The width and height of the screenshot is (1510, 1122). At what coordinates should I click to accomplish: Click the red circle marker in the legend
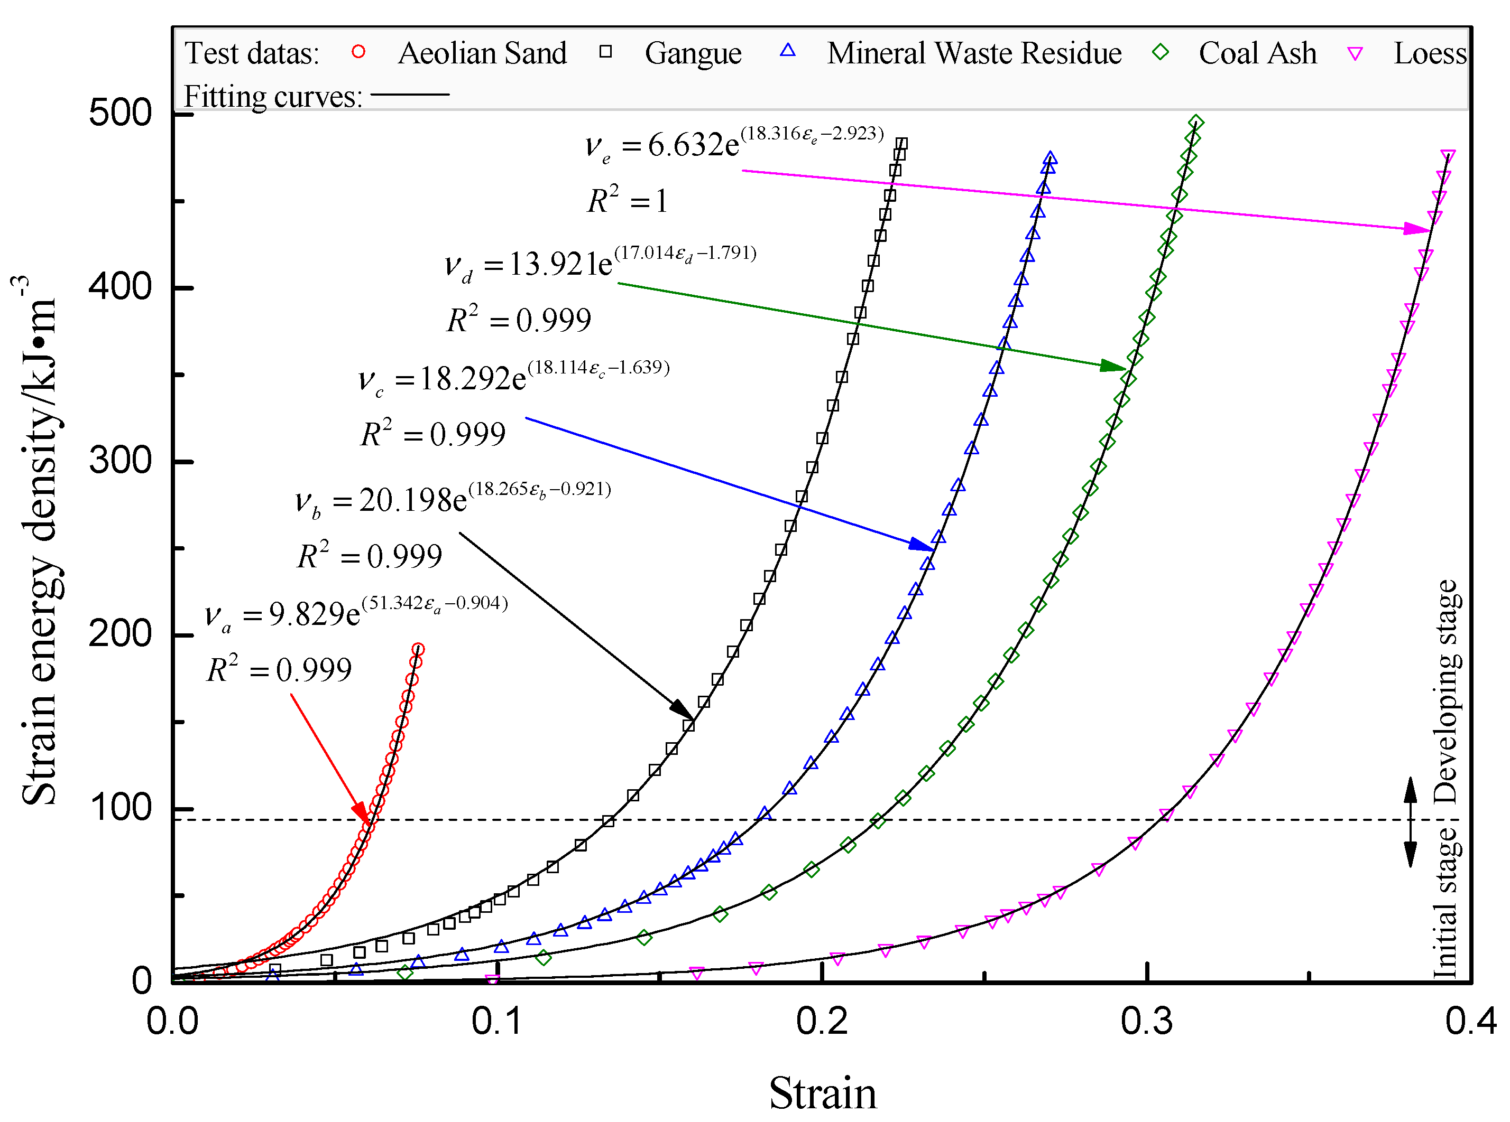pyautogui.click(x=358, y=52)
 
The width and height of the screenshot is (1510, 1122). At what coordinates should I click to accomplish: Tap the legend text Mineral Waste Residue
pyautogui.click(x=973, y=53)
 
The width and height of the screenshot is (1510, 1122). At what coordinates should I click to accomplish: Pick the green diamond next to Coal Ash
pyautogui.click(x=1160, y=52)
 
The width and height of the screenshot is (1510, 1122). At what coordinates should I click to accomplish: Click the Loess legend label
pyautogui.click(x=1429, y=53)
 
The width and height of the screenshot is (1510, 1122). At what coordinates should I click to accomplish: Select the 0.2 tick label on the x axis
pyautogui.click(x=822, y=1021)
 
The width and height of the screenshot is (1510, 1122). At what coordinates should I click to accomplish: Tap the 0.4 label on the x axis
pyautogui.click(x=1470, y=1021)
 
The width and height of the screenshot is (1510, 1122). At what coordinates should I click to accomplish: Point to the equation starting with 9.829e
pyautogui.click(x=357, y=613)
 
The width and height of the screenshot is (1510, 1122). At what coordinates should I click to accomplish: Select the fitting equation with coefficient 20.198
pyautogui.click(x=453, y=499)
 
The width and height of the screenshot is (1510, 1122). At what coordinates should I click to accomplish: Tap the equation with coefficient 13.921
pyautogui.click(x=600, y=263)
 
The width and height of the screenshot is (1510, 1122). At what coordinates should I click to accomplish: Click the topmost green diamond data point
pyautogui.click(x=1196, y=123)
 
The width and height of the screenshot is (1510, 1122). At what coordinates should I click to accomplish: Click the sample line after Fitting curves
pyautogui.click(x=409, y=95)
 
